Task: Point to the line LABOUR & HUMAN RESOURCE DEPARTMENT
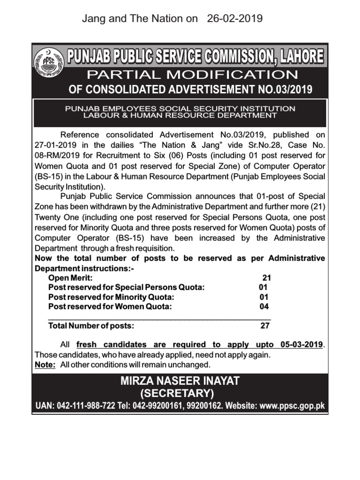click(180, 115)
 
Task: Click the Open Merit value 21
click(267, 277)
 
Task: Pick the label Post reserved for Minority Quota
click(112, 297)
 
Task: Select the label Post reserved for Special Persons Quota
click(127, 287)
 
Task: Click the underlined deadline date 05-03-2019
click(302, 345)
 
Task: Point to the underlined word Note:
click(45, 365)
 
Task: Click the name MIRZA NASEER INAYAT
click(180, 381)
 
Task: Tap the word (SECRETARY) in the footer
click(180, 393)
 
